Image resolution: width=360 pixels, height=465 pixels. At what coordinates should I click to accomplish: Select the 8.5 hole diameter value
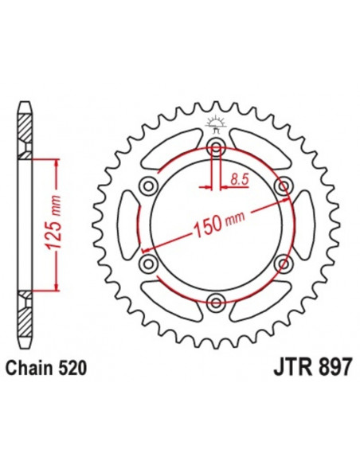pyautogui.click(x=237, y=182)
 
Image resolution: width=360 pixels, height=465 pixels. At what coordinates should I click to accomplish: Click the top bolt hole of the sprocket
pyautogui.click(x=213, y=147)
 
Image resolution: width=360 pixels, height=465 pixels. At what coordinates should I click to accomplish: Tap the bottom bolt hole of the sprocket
pyautogui.click(x=213, y=300)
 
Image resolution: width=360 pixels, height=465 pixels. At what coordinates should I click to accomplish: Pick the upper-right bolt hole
pyautogui.click(x=280, y=186)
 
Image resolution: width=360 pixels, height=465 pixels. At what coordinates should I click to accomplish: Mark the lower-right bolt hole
pyautogui.click(x=280, y=262)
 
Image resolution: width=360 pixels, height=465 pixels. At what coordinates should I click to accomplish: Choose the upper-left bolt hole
pyautogui.click(x=147, y=186)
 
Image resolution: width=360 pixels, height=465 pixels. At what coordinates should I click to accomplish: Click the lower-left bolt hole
pyautogui.click(x=147, y=262)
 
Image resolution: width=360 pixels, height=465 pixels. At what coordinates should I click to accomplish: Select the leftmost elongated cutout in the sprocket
pyautogui.click(x=127, y=224)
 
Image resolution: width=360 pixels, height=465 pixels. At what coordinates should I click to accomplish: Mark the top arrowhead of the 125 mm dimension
pyautogui.click(x=54, y=160)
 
